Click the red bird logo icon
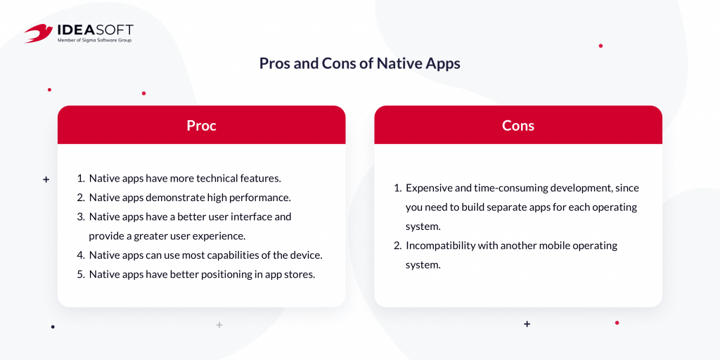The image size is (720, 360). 39,33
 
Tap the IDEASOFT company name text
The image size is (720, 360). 95,30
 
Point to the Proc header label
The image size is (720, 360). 201,125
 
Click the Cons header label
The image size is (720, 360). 518,125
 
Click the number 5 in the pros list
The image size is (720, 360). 79,275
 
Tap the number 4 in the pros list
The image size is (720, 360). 79,255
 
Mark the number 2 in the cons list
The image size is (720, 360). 397,245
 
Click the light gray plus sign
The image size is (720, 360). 219,325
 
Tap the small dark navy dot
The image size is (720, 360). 53,327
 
